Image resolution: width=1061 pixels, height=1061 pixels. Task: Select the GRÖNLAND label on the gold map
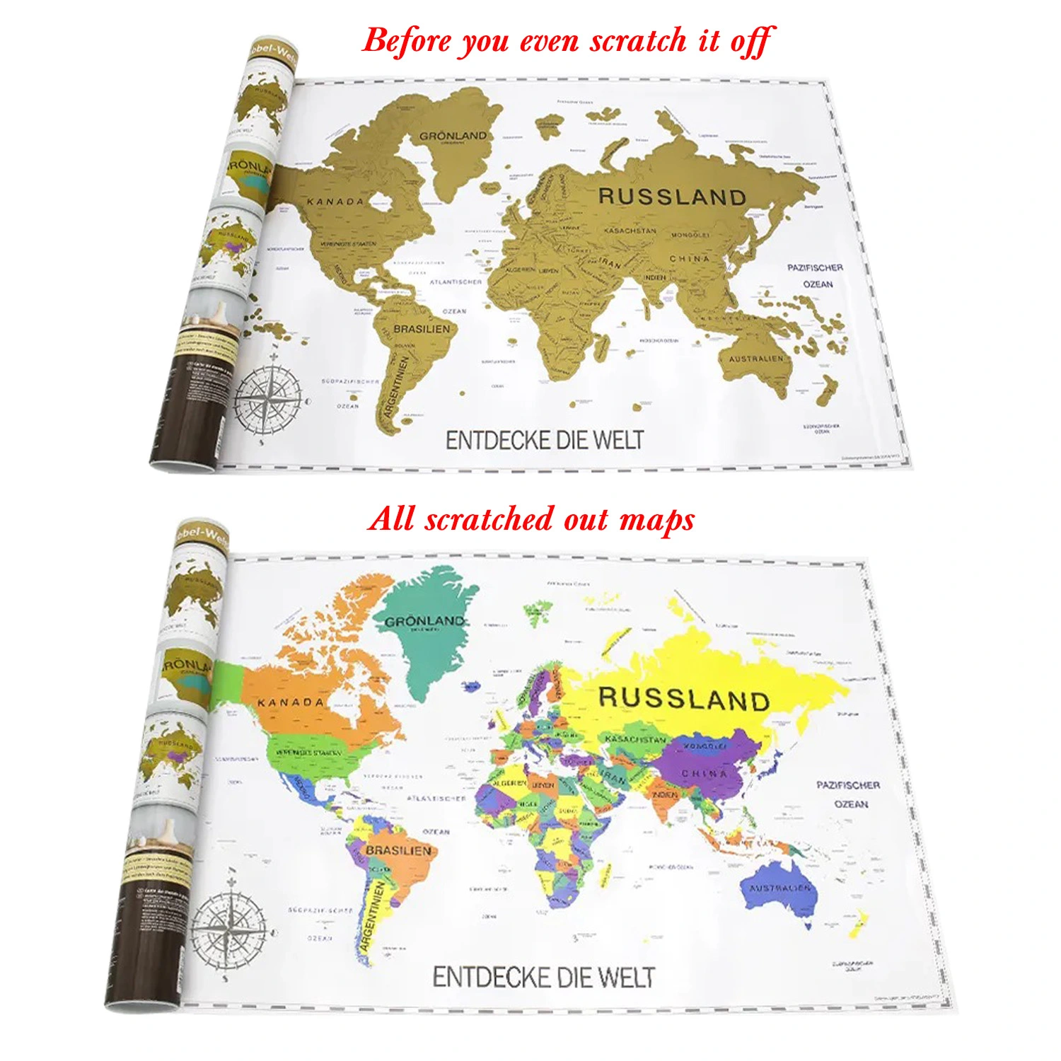click(453, 135)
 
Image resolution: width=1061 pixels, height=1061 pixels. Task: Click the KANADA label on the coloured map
click(291, 702)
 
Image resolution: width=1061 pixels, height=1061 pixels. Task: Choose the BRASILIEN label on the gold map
click(422, 329)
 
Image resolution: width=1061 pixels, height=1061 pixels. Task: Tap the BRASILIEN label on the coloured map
click(398, 850)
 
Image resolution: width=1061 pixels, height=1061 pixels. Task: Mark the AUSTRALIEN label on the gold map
click(756, 359)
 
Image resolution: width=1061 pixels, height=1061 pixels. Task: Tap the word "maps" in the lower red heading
click(657, 519)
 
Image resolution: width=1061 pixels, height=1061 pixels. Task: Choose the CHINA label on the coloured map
click(704, 774)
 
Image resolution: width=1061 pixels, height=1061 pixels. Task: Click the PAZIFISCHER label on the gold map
click(815, 267)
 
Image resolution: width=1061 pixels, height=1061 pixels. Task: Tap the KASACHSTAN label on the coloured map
click(635, 739)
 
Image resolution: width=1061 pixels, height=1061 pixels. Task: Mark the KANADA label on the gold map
click(335, 202)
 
